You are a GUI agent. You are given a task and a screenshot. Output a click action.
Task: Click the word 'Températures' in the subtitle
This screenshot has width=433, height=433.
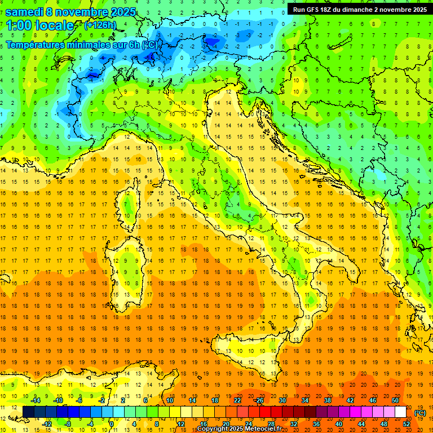click(35, 45)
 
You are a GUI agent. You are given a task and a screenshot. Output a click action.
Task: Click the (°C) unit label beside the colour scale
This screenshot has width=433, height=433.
click(420, 412)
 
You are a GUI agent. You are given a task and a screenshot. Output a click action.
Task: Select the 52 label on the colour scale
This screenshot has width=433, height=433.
click(406, 423)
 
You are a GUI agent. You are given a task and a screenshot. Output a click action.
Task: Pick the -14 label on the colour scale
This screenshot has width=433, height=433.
click(35, 400)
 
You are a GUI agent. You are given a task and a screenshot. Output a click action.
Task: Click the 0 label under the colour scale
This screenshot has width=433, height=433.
click(112, 423)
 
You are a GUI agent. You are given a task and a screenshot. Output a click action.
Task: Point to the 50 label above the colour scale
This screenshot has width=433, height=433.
click(395, 400)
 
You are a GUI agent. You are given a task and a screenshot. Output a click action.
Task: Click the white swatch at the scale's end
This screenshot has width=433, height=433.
click(400, 412)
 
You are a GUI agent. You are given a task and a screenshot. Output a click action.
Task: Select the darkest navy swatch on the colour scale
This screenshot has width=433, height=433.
click(28, 412)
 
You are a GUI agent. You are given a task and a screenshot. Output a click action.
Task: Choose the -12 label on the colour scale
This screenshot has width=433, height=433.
click(47, 423)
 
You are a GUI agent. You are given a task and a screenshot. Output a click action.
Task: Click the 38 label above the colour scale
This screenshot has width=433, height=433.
click(327, 400)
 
